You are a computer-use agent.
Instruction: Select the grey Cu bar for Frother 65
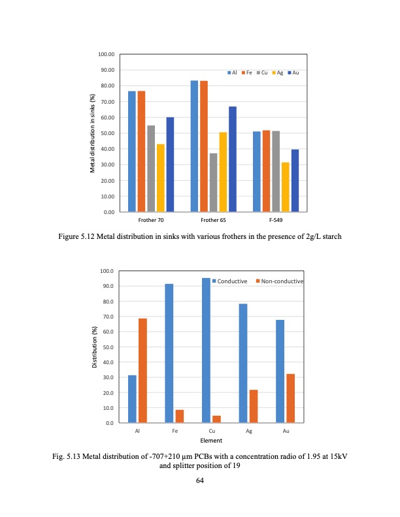(x=213, y=183)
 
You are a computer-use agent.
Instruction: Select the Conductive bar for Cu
(x=206, y=351)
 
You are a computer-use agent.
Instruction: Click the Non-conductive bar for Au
(x=291, y=398)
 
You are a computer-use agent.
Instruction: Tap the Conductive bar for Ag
(x=243, y=364)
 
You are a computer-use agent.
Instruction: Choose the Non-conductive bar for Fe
(x=180, y=416)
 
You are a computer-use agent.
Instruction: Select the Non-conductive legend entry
(x=280, y=281)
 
